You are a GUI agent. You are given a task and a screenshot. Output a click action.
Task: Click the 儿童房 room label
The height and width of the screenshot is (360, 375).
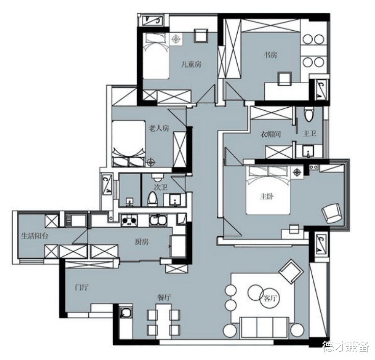191,64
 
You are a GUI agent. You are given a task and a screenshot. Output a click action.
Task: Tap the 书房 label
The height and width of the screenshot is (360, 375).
270,55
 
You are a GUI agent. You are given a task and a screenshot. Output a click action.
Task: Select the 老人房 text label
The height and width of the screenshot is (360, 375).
159,128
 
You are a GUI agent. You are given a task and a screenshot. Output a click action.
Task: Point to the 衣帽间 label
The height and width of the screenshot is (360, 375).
270,134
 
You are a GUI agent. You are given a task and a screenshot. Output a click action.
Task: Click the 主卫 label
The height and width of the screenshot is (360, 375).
310,133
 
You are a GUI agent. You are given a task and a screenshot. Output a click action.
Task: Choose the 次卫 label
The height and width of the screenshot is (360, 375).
161,187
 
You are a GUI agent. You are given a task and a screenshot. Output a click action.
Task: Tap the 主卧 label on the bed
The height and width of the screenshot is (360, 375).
267,197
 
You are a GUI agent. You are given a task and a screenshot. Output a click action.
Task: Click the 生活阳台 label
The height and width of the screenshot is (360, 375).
35,236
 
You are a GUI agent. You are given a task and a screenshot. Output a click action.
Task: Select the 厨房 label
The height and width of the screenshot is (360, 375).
142,242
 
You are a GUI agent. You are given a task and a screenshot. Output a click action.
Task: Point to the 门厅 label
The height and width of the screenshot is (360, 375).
82,287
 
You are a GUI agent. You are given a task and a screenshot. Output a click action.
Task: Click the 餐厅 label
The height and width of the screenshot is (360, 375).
164,298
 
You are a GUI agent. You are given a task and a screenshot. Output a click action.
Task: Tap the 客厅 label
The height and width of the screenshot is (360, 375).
270,298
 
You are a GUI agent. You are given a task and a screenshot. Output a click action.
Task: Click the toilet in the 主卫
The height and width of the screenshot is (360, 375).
308,114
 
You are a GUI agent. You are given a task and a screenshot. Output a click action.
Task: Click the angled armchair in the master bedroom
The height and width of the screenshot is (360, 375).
331,213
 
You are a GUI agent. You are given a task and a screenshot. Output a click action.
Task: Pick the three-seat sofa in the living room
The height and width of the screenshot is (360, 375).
264,327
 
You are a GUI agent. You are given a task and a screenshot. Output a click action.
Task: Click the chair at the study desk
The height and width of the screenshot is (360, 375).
285,79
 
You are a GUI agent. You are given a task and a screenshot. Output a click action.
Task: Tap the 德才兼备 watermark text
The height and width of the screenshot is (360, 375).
346,347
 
